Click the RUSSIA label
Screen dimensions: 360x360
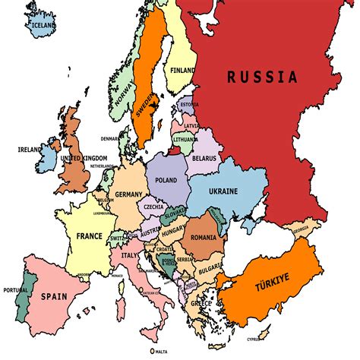click(261, 76)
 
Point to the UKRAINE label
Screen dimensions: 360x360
click(223, 191)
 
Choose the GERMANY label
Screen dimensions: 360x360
click(128, 194)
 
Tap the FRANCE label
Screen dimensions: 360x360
click(89, 235)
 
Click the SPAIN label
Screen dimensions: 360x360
click(54, 296)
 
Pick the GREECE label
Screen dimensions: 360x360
click(201, 303)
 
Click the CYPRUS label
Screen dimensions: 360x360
click(264, 339)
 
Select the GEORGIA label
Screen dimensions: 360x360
click(301, 229)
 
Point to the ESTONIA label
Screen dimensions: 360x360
click(189, 105)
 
